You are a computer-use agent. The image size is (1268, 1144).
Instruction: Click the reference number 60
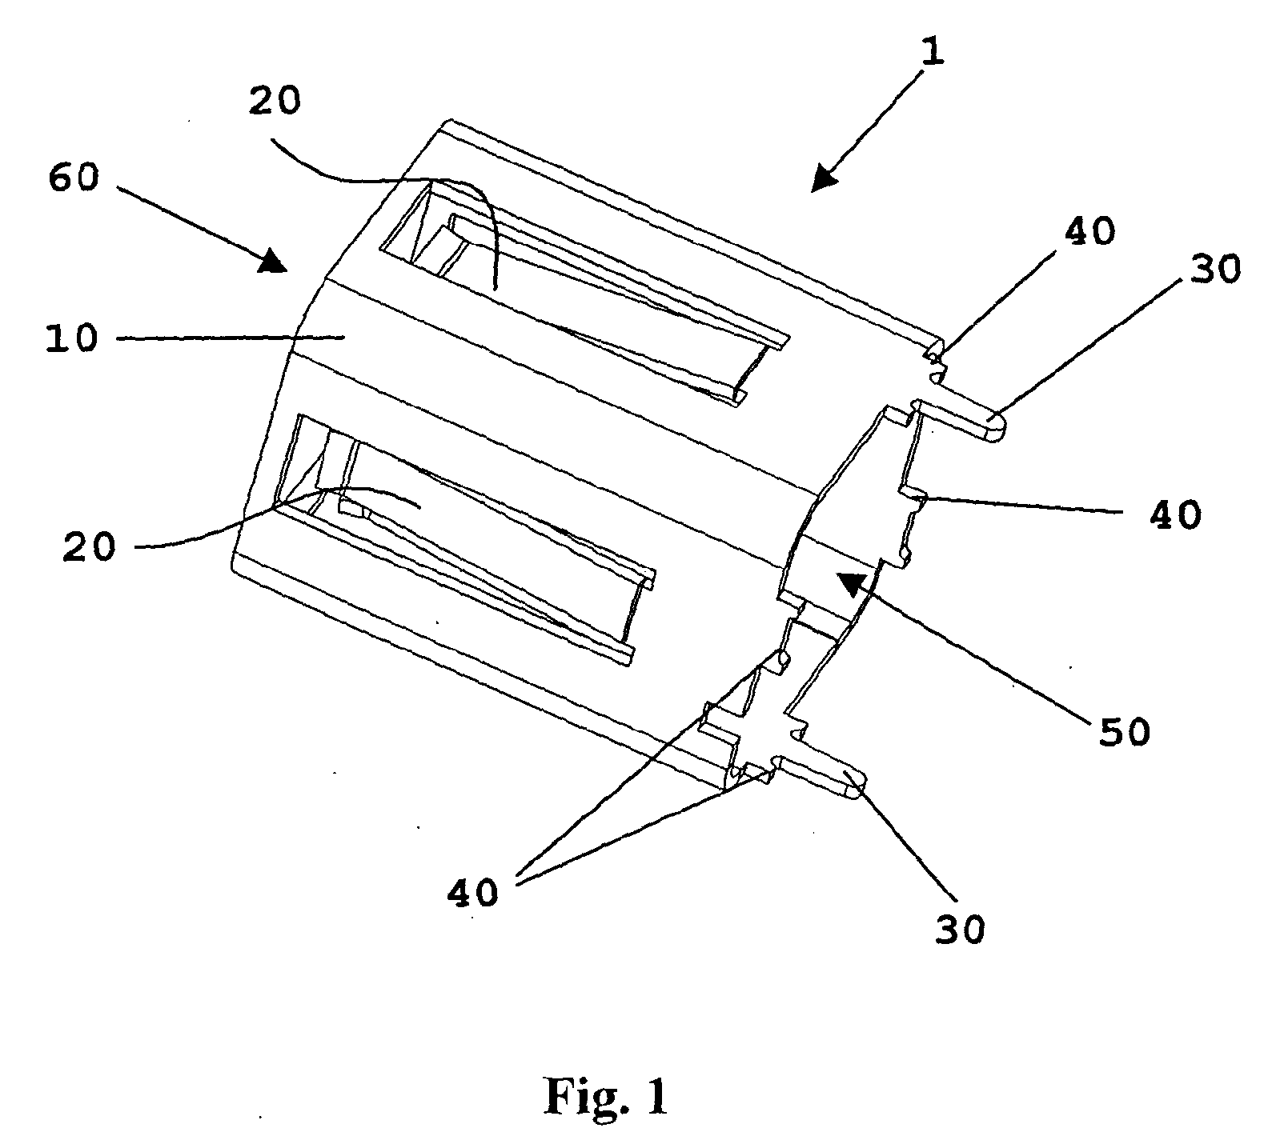click(x=74, y=178)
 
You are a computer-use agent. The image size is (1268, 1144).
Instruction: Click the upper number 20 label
click(x=274, y=102)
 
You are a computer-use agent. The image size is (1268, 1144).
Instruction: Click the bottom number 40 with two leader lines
click(x=472, y=890)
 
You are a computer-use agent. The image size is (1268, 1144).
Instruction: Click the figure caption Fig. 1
click(x=606, y=1095)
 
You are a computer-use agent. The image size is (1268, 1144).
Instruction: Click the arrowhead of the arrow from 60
click(x=272, y=259)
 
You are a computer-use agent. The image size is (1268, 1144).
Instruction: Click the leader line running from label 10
click(x=231, y=338)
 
